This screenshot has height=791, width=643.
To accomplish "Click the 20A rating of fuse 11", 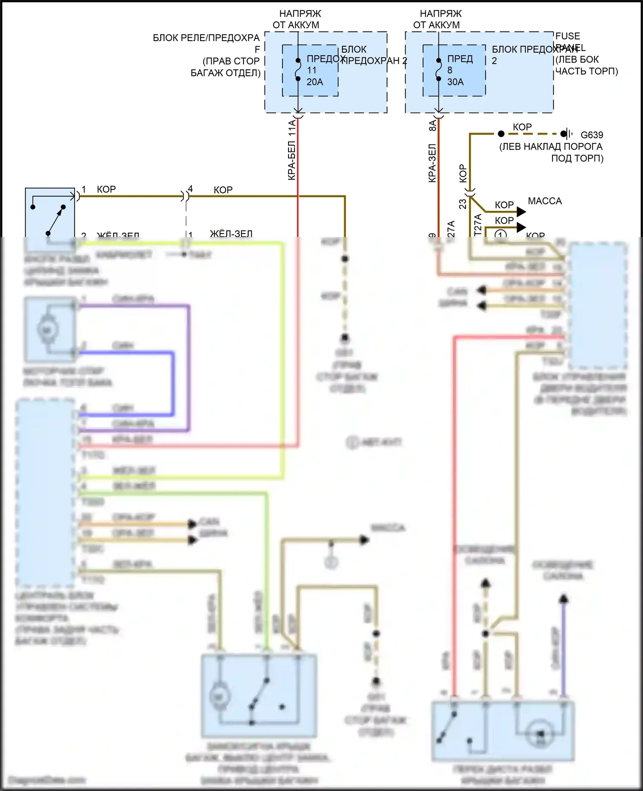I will [315, 82].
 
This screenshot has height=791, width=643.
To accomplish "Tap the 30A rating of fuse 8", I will [455, 82].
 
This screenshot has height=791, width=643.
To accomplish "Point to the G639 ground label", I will [592, 135].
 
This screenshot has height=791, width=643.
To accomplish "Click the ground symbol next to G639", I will [568, 134].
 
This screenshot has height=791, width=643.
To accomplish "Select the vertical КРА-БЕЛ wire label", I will [292, 150].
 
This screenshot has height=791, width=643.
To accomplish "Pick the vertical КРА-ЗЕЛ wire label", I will [432, 163].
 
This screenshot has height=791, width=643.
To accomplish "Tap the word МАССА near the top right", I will [544, 201].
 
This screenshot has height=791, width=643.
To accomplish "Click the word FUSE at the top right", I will [568, 36].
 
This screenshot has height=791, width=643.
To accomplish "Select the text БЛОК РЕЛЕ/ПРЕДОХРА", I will [206, 38].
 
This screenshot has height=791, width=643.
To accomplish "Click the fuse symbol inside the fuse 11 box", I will [298, 70].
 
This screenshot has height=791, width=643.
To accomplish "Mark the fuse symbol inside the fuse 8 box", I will [439, 70].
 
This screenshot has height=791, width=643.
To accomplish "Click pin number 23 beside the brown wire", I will [463, 204].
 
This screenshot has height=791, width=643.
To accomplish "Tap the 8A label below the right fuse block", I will [433, 125].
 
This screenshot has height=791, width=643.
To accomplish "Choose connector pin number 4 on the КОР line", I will [190, 189].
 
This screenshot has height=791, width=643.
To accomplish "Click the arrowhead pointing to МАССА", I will [521, 212].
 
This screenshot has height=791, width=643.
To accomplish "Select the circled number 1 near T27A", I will [501, 234].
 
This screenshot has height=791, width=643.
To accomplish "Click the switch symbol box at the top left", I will [50, 213].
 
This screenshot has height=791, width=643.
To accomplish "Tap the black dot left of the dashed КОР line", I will [501, 134].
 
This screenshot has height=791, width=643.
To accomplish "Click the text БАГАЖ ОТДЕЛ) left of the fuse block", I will [225, 73].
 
